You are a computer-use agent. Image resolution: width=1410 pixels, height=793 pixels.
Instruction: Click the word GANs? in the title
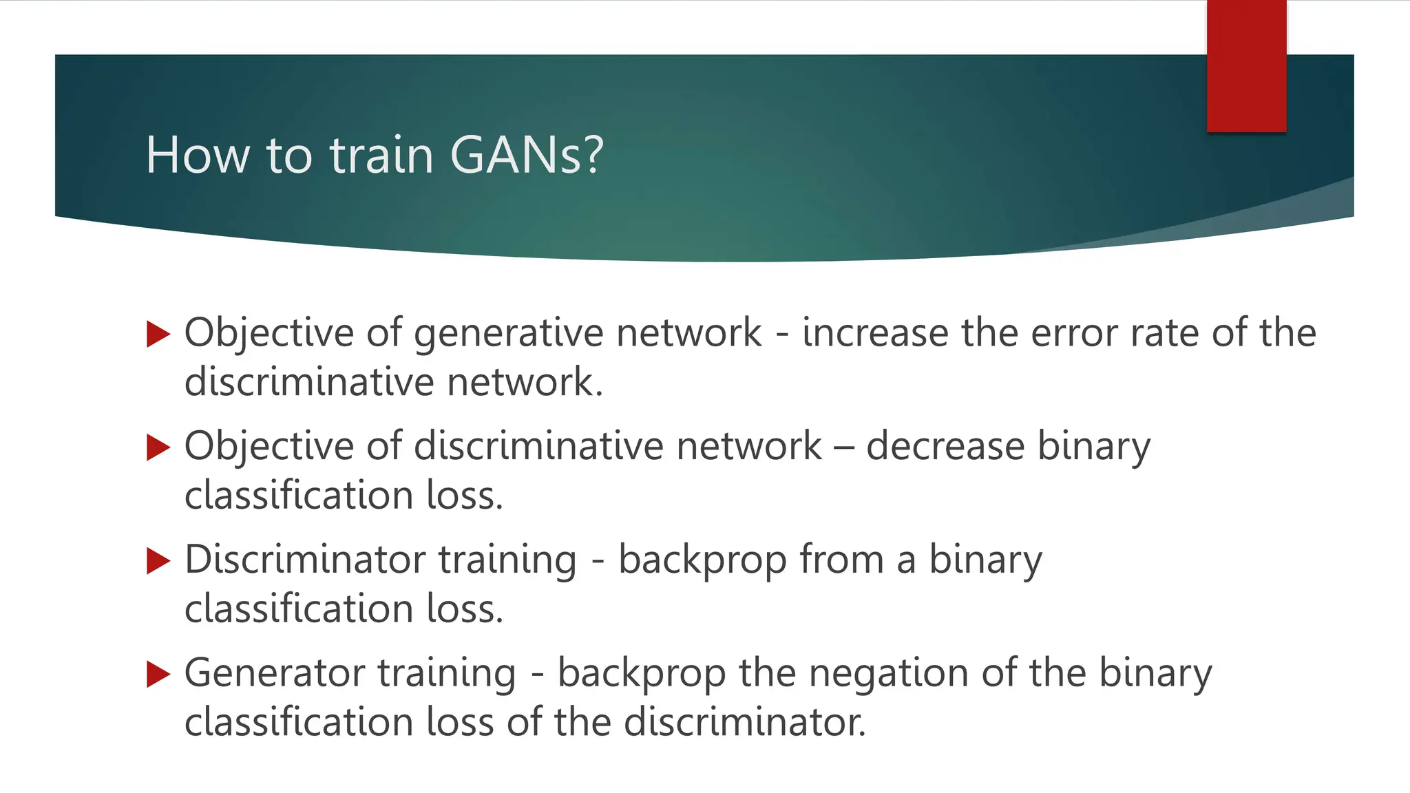[x=527, y=155]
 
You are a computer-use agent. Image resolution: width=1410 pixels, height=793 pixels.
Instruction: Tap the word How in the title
[x=198, y=155]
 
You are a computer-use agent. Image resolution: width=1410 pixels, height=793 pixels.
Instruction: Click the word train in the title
[x=381, y=155]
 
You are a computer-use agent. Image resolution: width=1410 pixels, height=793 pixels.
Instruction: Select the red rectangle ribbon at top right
[x=1246, y=65]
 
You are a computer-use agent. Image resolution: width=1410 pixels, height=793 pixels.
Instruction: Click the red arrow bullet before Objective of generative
[x=158, y=335]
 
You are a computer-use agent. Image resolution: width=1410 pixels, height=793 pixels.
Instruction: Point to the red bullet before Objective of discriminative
[x=158, y=448]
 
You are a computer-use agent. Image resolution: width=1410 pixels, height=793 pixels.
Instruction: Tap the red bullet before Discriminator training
[x=158, y=561]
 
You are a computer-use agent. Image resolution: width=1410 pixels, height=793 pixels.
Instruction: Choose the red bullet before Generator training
[x=158, y=675]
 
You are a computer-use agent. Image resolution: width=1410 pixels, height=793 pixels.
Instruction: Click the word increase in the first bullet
[x=875, y=333]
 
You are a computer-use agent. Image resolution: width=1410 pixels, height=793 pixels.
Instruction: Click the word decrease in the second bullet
[x=945, y=447]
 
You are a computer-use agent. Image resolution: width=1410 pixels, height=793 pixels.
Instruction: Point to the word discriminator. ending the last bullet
[x=744, y=722]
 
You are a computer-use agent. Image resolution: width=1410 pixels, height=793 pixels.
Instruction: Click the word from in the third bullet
[x=841, y=559]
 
